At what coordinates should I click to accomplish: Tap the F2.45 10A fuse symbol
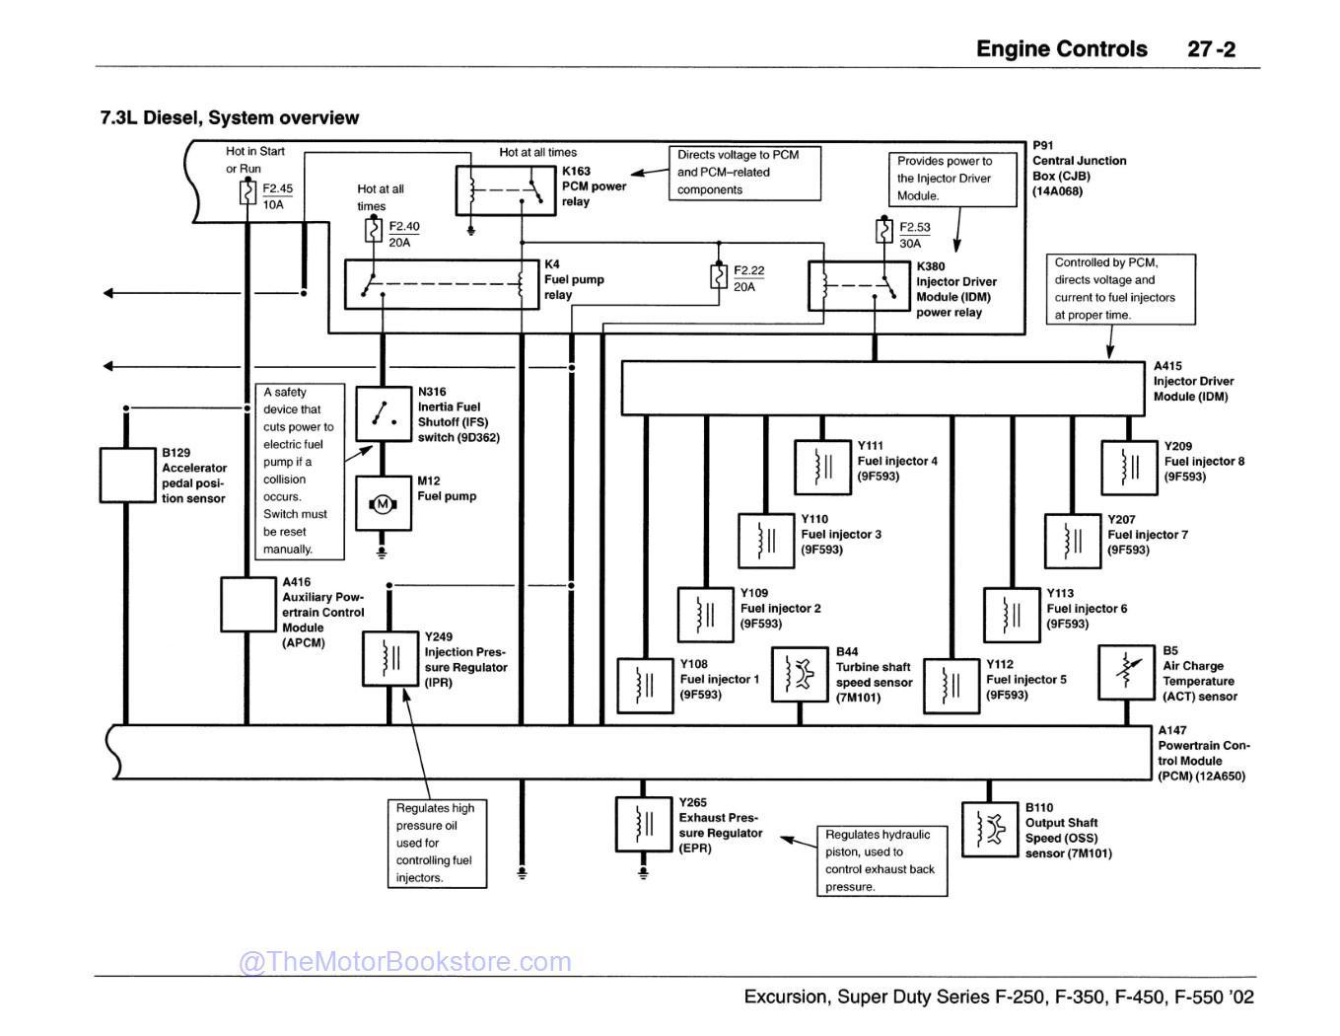point(248,192)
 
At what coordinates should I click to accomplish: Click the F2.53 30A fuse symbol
point(884,231)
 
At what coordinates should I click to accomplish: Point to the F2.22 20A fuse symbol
point(719,275)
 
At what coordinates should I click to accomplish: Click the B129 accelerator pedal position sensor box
point(127,475)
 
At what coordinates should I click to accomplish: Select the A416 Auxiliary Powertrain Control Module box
point(247,604)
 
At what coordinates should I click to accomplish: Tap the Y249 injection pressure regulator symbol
point(390,659)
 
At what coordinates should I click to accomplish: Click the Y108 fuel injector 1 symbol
point(645,685)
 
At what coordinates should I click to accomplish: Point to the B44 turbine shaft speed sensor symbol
point(800,674)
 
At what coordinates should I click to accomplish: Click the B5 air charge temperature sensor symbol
point(1126,673)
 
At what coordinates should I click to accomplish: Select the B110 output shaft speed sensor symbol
point(989,829)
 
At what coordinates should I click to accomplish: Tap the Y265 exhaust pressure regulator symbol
point(644,823)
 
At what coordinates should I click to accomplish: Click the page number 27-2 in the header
point(1211,49)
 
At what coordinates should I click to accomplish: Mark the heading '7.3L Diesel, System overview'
point(230,118)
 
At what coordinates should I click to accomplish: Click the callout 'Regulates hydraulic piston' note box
point(882,860)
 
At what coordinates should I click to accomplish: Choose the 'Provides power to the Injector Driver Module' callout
point(952,179)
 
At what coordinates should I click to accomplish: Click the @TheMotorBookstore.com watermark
point(405,961)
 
